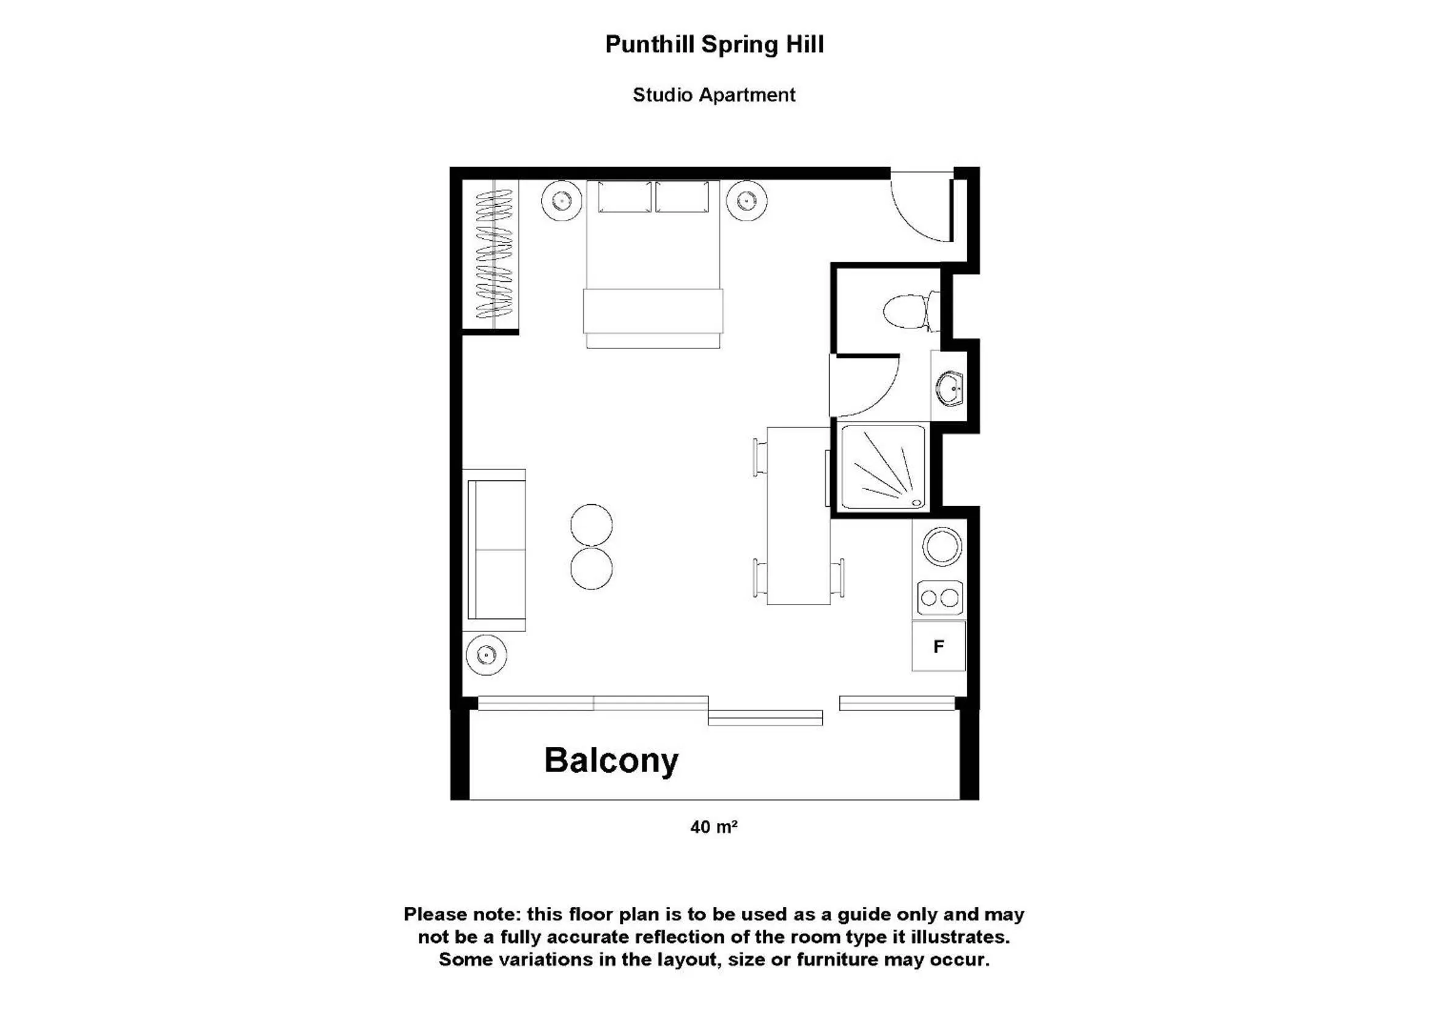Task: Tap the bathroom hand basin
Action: [x=950, y=388]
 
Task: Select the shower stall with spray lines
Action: [x=883, y=468]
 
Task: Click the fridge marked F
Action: [x=939, y=647]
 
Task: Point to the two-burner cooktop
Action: [x=940, y=598]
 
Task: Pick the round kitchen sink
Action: [x=942, y=546]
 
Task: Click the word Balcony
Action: [x=611, y=761]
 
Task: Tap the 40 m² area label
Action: [x=714, y=827]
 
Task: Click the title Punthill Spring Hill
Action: [x=714, y=45]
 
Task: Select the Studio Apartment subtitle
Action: [x=714, y=95]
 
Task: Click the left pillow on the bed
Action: [x=624, y=197]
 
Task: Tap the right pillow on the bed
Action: [x=682, y=197]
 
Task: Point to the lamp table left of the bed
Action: [x=561, y=200]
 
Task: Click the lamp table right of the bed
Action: [x=747, y=200]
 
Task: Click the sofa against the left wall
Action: [x=496, y=550]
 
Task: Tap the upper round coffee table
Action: [x=591, y=525]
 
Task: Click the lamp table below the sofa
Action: [x=486, y=655]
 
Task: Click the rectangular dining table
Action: [x=798, y=515]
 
